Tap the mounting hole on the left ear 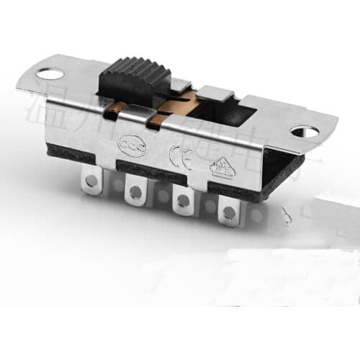51,73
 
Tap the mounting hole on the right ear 305,132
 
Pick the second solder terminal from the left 135,192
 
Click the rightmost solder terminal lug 229,211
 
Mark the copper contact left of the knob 114,109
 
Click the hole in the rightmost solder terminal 229,212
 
